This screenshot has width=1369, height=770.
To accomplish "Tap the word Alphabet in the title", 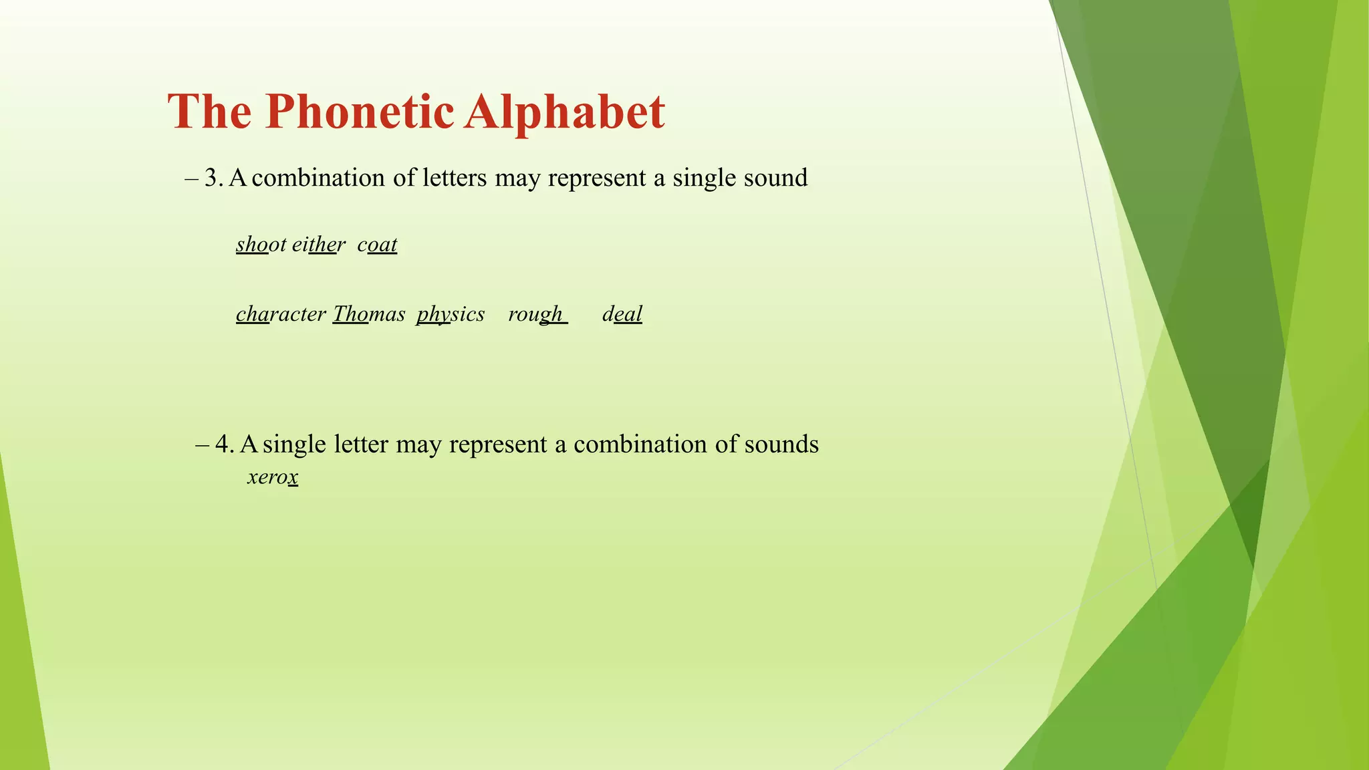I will pos(565,111).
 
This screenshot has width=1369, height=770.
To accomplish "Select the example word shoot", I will pos(261,245).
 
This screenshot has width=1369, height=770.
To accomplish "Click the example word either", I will pos(318,245).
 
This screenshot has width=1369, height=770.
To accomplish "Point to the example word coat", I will pos(377,245).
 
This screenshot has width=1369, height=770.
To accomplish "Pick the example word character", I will pos(281,314).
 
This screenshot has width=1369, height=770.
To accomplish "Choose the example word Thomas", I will pos(369,314).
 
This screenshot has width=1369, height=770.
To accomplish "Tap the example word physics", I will pos(451,314).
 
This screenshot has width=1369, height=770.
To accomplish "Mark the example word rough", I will pos(535,314).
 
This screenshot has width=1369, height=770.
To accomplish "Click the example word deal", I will pos(622,314).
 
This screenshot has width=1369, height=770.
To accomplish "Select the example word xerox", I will pos(273,477).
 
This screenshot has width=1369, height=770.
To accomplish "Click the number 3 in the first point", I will pos(212,178).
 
